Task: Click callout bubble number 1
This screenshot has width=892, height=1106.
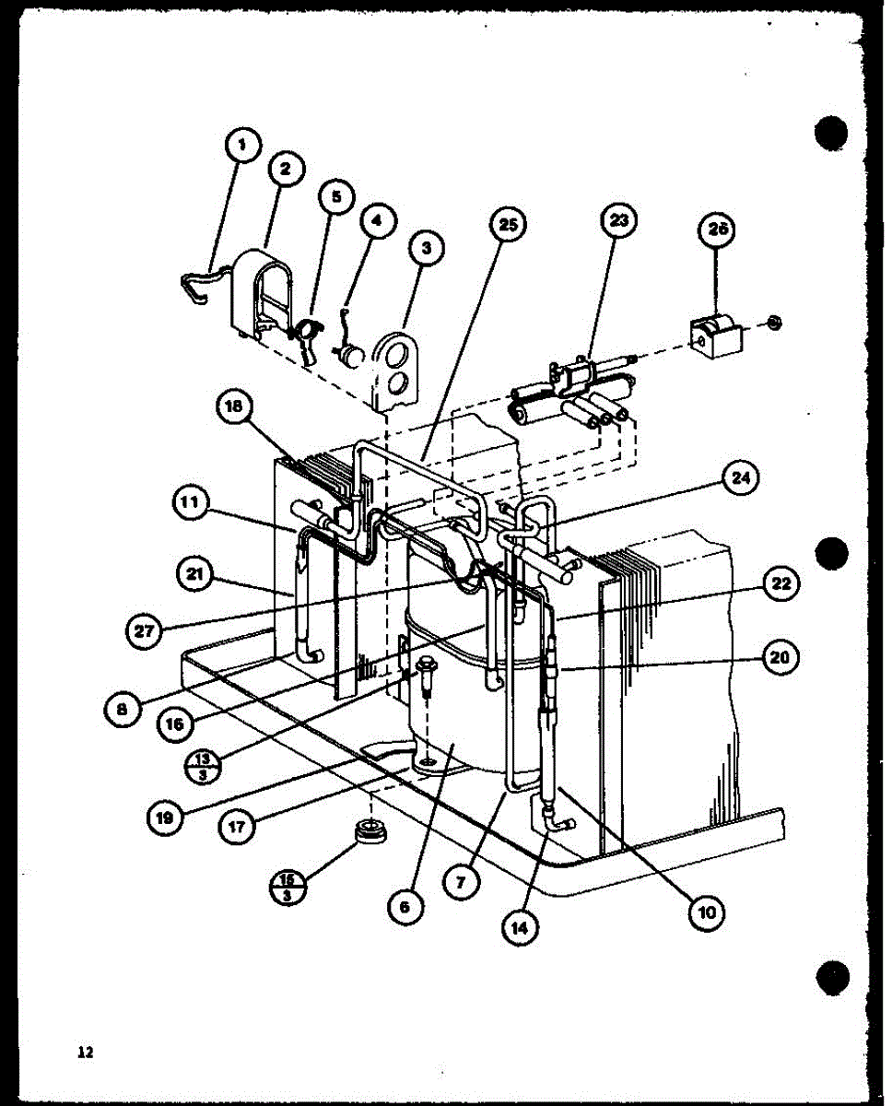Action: pyautogui.click(x=241, y=145)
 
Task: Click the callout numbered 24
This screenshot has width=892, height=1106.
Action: pyautogui.click(x=736, y=478)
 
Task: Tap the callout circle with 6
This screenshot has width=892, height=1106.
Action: pyautogui.click(x=405, y=907)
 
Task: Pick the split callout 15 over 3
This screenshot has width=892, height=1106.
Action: pyautogui.click(x=287, y=888)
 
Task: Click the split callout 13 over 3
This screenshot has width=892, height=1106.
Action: pyautogui.click(x=201, y=765)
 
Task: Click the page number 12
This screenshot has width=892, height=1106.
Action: pyautogui.click(x=86, y=1052)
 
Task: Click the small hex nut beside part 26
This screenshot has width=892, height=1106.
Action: pyautogui.click(x=774, y=322)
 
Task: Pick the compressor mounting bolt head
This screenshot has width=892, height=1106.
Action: pyautogui.click(x=427, y=663)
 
